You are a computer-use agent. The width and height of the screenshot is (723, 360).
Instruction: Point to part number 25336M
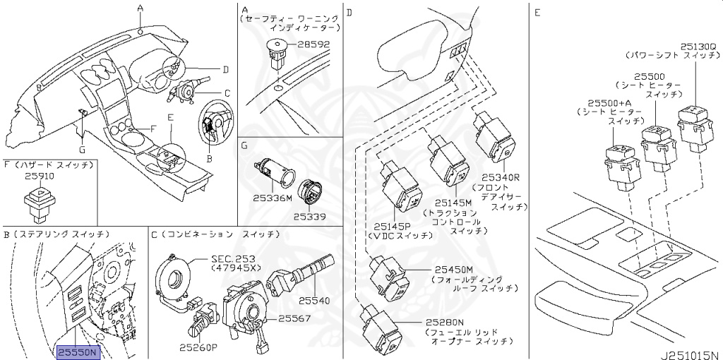click(x=273, y=198)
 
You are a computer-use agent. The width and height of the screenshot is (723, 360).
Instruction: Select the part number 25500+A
click(x=602, y=103)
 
